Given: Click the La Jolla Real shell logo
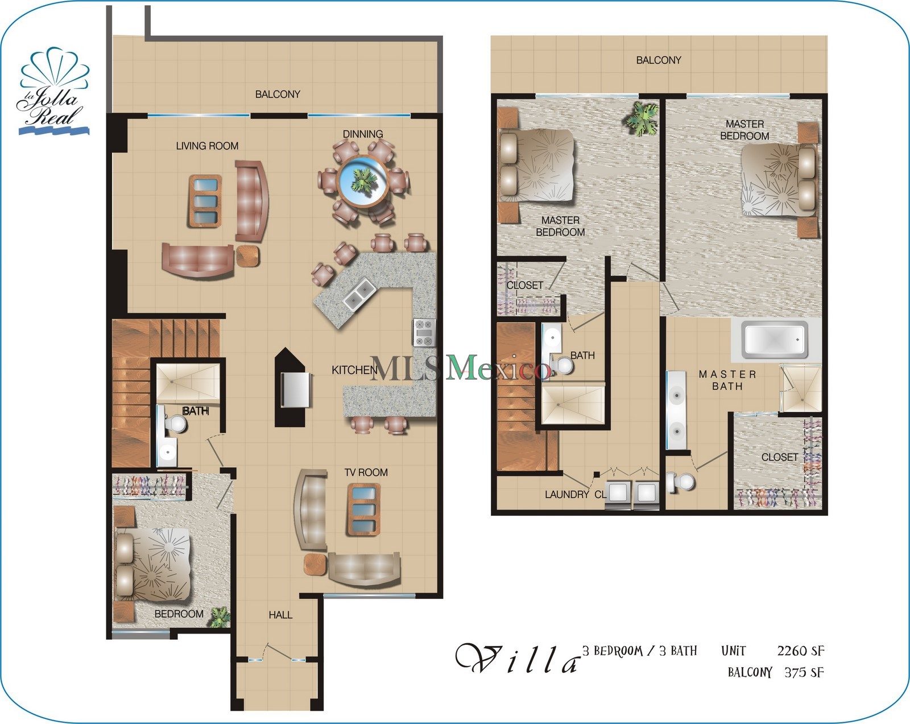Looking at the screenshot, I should coord(53,91).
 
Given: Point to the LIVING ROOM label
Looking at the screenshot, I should coord(207,146).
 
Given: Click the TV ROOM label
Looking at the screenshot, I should coord(366,472).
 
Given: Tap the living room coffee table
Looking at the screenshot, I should coord(205,201).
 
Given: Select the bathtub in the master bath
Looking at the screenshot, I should coord(775,340).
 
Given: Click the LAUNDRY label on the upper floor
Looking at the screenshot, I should coord(566,495).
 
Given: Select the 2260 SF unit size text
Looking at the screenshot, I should coord(800,651).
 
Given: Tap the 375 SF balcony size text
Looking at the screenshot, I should coord(804,672).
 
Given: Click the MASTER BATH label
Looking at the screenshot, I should coord(727,380).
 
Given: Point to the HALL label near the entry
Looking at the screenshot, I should coord(280,615).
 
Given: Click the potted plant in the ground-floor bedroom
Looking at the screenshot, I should coord(219,617).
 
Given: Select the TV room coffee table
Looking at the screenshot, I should coord(363,509).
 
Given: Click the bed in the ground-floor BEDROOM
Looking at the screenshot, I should coord(154,563).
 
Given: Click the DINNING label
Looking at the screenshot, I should coord(362,134).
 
